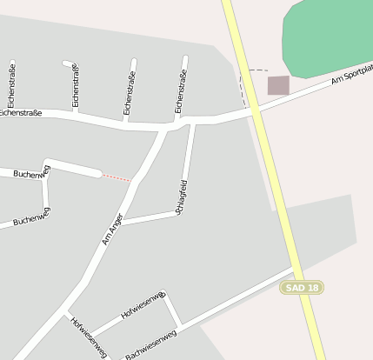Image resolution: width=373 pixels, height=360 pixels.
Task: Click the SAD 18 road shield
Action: pos(302,288)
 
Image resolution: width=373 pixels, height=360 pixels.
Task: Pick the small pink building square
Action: pos(277,85)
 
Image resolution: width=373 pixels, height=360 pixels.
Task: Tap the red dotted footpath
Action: pos(116,177)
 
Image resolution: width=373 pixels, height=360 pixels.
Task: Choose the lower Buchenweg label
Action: pos(30,220)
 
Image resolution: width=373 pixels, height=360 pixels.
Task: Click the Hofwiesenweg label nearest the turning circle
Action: pos(142,310)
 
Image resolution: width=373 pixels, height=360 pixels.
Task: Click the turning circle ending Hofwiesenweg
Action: pos(162,296)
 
